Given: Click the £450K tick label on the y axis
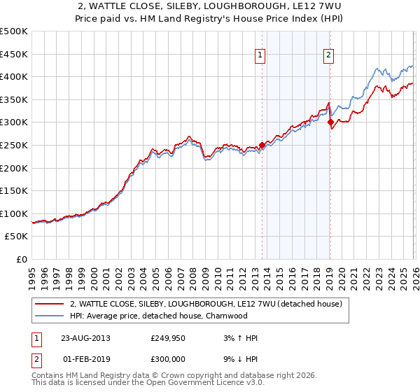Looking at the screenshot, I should tap(14, 54).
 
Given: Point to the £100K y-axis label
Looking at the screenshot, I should tap(14, 213).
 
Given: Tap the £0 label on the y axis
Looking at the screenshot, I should tap(22, 260).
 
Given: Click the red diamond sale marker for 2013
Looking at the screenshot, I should tap(262, 146).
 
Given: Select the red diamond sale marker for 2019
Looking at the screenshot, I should tap(330, 122).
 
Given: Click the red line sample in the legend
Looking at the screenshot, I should tap(49, 304).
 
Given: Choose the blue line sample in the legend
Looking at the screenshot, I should tap(49, 316).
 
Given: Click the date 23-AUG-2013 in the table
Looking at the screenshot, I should tap(85, 338).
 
